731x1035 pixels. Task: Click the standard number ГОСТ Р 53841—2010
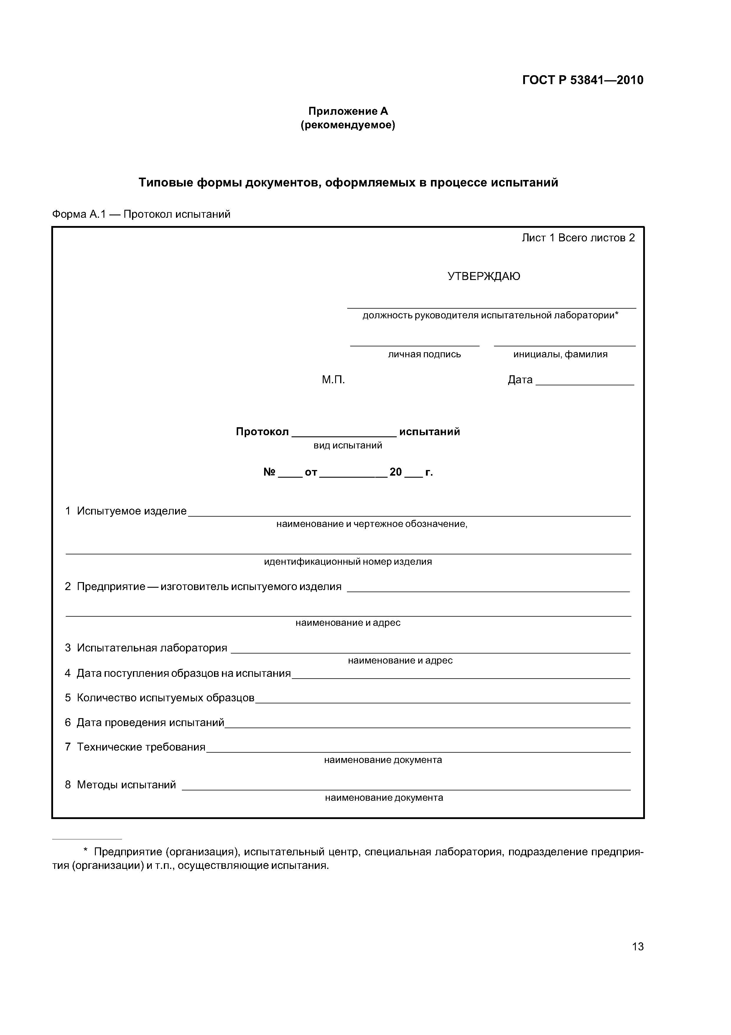tap(582, 80)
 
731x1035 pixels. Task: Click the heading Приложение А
tap(348, 111)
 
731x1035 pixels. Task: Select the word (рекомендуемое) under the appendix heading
tap(348, 125)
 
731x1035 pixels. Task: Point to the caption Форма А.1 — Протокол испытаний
tap(141, 214)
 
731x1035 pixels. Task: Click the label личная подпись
tap(424, 354)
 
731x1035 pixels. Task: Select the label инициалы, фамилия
tap(560, 354)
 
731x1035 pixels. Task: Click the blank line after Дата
tap(585, 381)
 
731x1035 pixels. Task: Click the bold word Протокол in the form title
tap(262, 432)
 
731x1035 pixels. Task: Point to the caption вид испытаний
tap(348, 446)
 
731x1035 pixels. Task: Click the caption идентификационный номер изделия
tap(348, 562)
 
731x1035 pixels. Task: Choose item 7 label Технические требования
tap(141, 747)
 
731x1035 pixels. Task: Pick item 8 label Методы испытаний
tap(126, 785)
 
